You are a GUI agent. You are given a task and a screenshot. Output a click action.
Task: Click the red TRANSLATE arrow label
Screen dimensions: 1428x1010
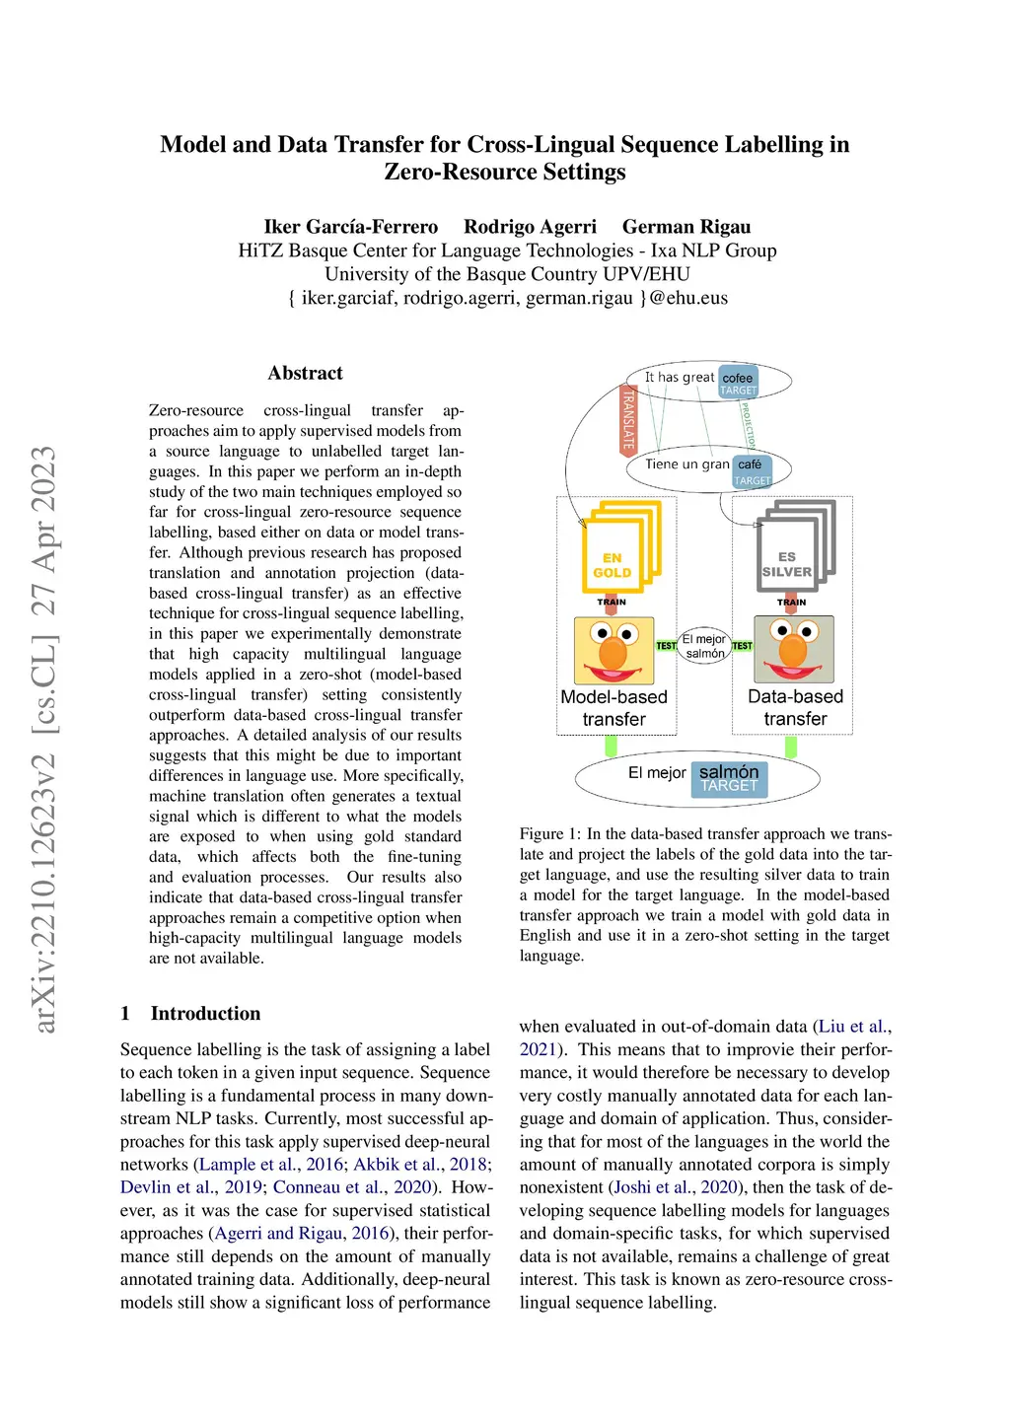pos(628,419)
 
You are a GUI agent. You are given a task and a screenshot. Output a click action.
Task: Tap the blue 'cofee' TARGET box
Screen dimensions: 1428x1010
pos(738,384)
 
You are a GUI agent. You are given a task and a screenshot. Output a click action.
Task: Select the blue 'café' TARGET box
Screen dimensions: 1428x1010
pos(752,471)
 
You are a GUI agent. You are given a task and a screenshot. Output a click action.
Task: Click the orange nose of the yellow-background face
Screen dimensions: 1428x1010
pos(613,652)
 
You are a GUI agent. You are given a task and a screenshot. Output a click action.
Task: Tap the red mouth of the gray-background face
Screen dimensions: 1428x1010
pos(793,671)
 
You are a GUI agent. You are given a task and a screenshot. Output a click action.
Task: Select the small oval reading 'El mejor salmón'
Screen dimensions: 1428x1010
pos(704,646)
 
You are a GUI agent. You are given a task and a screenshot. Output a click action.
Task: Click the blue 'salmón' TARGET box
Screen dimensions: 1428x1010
pos(729,778)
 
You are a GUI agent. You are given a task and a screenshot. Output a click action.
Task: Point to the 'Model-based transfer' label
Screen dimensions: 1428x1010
pos(613,708)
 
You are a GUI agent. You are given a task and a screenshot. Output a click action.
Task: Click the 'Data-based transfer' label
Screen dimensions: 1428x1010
pos(795,708)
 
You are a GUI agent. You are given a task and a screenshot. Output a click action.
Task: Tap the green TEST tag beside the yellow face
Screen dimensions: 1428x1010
pos(667,646)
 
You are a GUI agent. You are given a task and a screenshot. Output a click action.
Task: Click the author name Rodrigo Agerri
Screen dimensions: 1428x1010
pos(530,227)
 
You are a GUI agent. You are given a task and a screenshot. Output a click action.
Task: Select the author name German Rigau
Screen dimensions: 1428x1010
pos(686,227)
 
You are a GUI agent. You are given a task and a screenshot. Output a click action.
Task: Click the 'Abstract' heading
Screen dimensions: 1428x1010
pos(305,373)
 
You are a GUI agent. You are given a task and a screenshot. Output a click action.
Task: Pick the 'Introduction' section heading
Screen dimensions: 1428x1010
pos(205,1013)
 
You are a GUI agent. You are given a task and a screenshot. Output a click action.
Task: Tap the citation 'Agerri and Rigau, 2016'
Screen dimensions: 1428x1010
pos(300,1233)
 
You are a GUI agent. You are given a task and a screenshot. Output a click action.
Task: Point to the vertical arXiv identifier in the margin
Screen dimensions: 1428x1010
pos(44,740)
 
